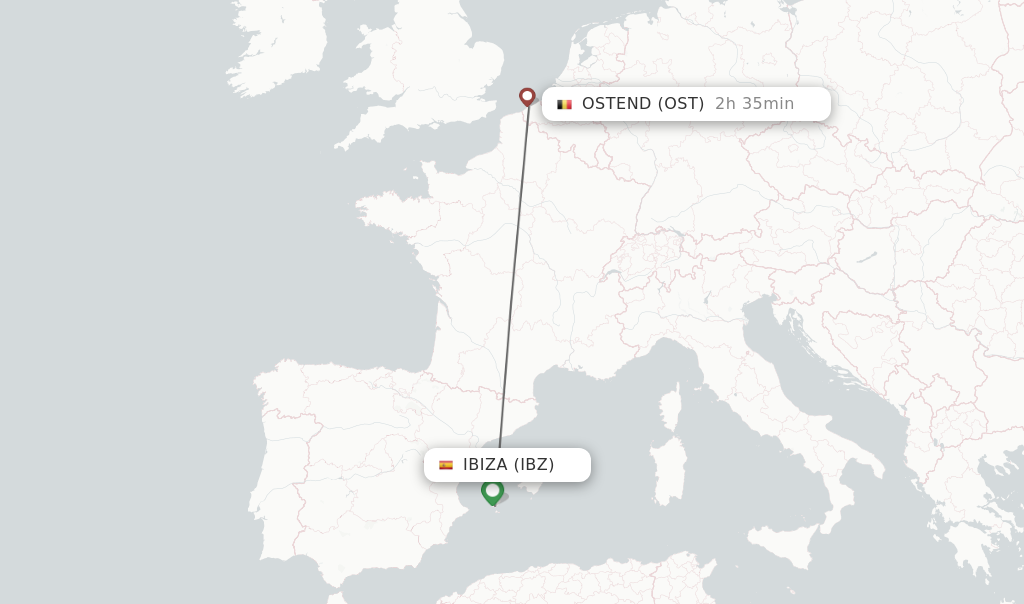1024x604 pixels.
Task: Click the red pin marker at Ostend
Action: (527, 96)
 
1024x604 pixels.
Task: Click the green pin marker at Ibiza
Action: (492, 491)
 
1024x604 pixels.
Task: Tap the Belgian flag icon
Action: (565, 104)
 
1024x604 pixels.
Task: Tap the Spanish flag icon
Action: (446, 465)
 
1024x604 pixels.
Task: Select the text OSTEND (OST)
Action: (643, 104)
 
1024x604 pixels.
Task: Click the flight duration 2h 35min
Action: (754, 104)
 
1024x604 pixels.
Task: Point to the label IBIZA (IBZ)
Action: (508, 465)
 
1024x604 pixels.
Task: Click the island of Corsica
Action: (671, 410)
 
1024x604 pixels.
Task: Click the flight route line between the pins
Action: (513, 280)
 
